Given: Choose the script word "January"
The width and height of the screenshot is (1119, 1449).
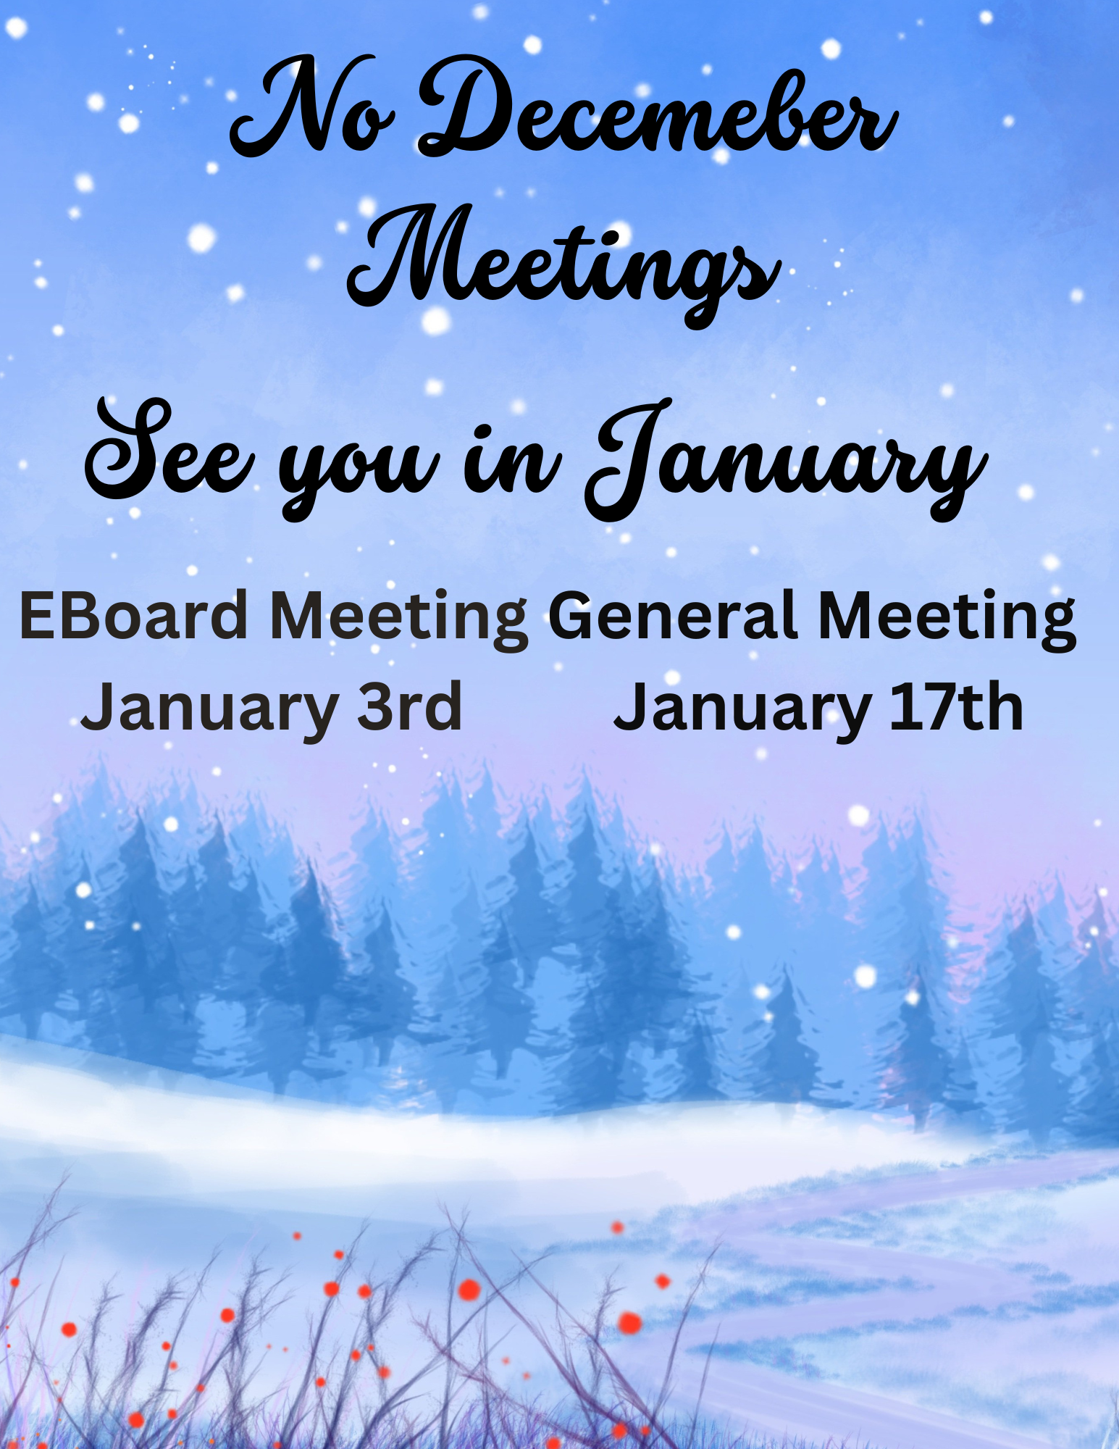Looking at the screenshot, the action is pyautogui.click(x=787, y=461).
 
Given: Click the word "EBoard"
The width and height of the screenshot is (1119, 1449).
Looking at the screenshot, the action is pyautogui.click(x=134, y=616).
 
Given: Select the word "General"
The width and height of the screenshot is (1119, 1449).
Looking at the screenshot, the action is pyautogui.click(x=674, y=616).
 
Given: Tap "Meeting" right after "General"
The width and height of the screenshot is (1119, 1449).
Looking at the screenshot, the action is pyautogui.click(x=947, y=620).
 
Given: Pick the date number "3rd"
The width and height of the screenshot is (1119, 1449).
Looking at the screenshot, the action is pyautogui.click(x=410, y=706).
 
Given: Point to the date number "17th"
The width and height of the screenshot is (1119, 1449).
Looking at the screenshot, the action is pyautogui.click(x=956, y=706).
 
